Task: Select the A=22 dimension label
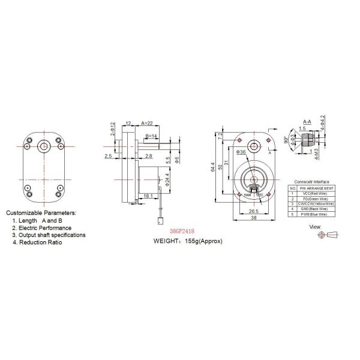tap(146, 122)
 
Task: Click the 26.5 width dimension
tap(253, 211)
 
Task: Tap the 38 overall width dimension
tap(253, 219)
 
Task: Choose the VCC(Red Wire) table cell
tap(314, 193)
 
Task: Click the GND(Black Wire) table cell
tap(314, 208)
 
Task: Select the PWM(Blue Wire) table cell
tap(314, 214)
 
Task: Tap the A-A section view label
tap(307, 121)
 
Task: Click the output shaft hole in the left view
tap(43, 146)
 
